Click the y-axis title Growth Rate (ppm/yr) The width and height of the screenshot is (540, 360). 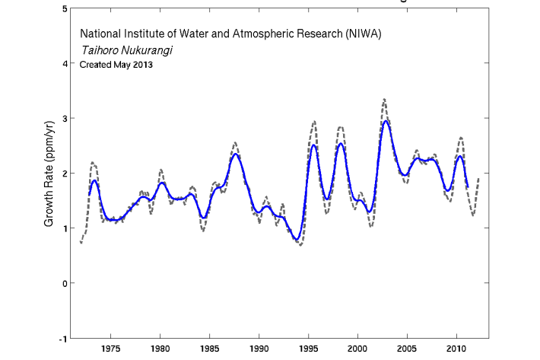(x=49, y=174)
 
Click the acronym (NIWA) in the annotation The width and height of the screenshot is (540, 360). (x=361, y=34)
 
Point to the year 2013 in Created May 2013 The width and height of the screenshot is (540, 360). (x=141, y=65)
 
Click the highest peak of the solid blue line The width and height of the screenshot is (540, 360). (x=386, y=121)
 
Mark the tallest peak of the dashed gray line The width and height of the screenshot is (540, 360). (x=384, y=99)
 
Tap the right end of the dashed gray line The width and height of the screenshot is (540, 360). (x=478, y=177)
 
